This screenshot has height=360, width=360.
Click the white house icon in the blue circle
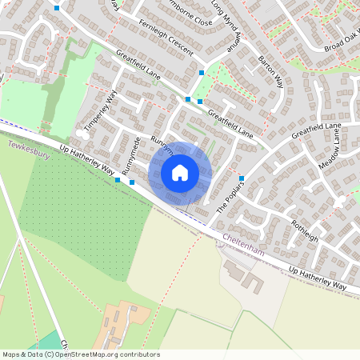(x=180, y=172)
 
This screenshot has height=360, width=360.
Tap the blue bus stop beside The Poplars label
(x=241, y=178)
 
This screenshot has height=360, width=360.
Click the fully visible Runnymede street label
(x=131, y=156)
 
